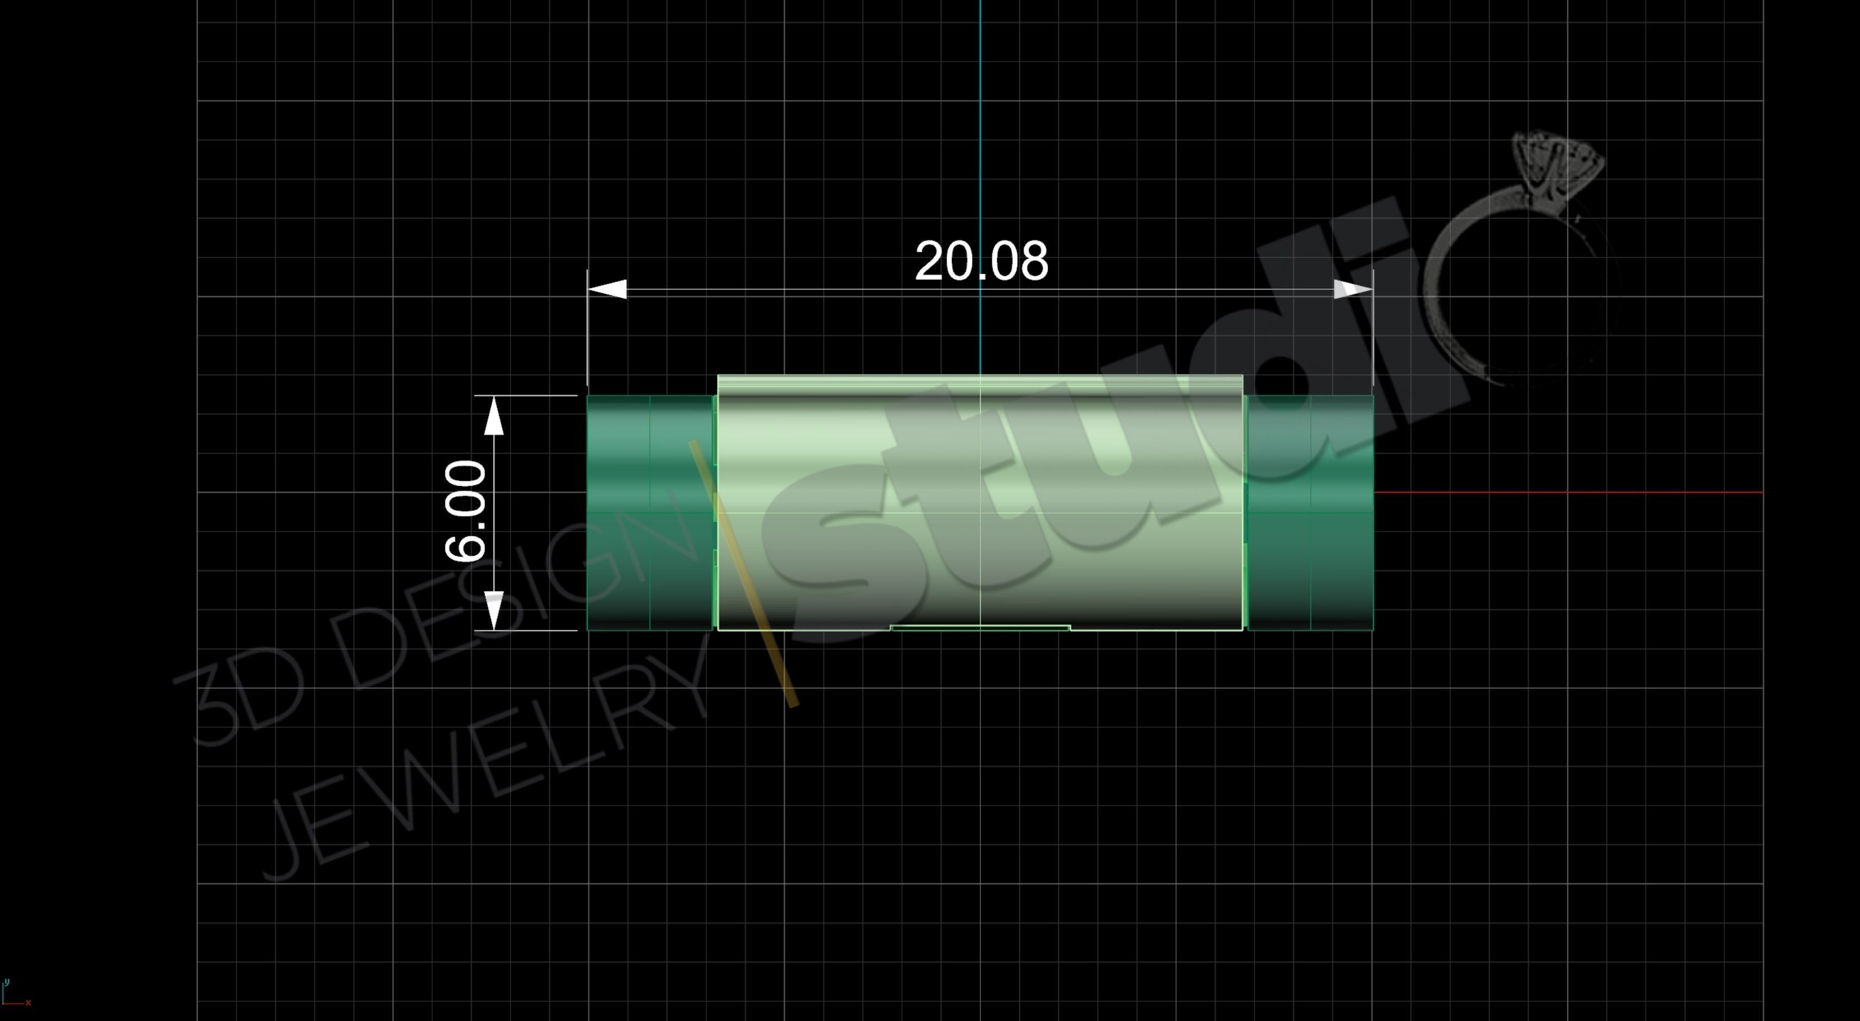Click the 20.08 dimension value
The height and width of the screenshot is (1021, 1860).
tap(981, 262)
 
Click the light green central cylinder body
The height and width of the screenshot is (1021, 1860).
tap(980, 506)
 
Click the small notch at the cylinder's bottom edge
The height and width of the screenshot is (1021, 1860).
tap(980, 628)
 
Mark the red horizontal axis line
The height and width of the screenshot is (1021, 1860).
tap(1567, 493)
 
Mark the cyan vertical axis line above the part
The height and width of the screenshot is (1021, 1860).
tap(980, 145)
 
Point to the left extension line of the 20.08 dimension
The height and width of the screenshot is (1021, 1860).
tap(587, 332)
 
